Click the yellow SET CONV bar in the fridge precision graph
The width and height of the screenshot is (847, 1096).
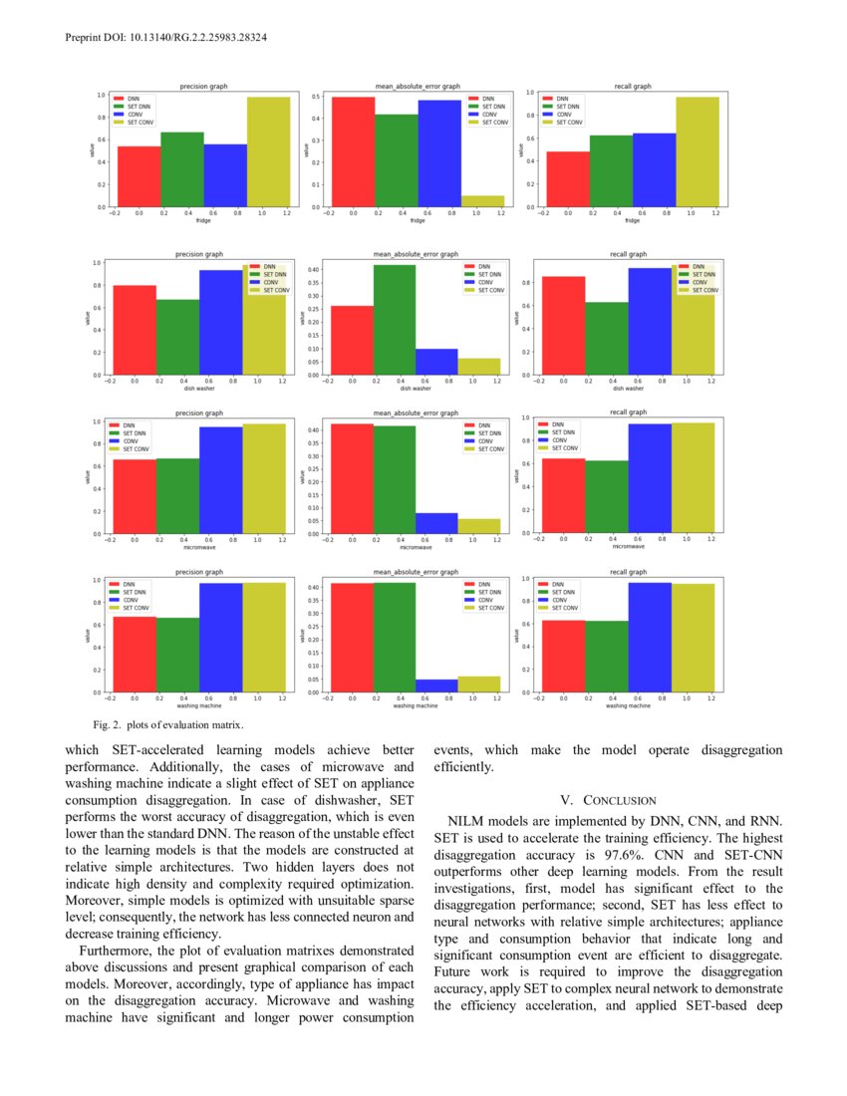pyautogui.click(x=269, y=151)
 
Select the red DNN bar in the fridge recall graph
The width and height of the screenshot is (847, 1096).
pyautogui.click(x=567, y=179)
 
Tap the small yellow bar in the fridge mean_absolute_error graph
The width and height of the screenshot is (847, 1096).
pyautogui.click(x=482, y=201)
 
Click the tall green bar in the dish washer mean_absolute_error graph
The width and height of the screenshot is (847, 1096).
pyautogui.click(x=395, y=319)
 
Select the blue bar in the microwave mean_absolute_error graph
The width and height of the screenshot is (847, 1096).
pyautogui.click(x=437, y=523)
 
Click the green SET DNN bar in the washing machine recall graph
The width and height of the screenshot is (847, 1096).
pyautogui.click(x=606, y=656)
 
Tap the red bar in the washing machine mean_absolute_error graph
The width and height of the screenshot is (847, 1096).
pyautogui.click(x=352, y=637)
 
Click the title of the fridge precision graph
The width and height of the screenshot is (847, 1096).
pyautogui.click(x=201, y=87)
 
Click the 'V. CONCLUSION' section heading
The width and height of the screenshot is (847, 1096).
pyautogui.click(x=608, y=800)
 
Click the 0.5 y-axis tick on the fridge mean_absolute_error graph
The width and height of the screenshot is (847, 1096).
pyautogui.click(x=315, y=98)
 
